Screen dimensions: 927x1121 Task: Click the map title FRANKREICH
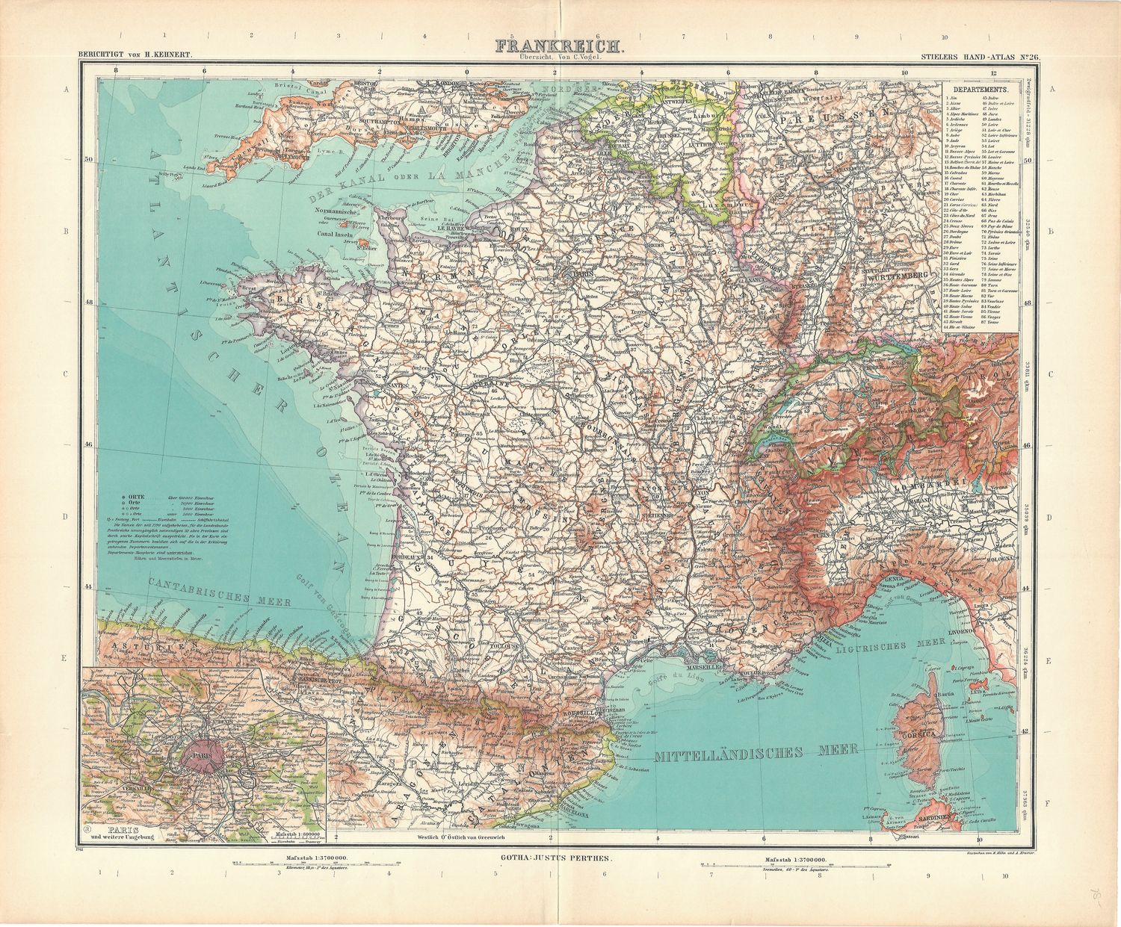pyautogui.click(x=558, y=46)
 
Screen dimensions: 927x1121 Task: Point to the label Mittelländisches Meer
pyautogui.click(x=755, y=754)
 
